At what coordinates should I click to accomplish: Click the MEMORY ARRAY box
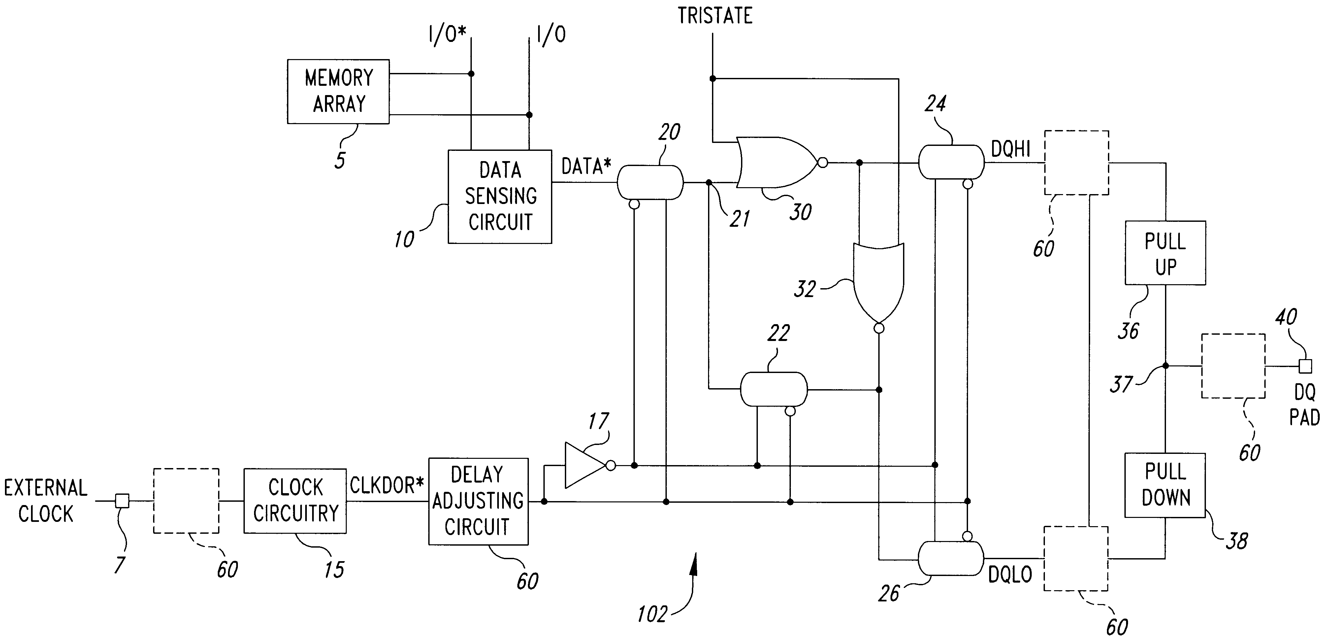click(x=338, y=91)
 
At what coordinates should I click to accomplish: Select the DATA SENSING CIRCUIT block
click(x=500, y=196)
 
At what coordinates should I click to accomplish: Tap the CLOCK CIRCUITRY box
click(x=295, y=500)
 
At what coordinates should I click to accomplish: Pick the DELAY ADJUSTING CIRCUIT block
click(x=478, y=501)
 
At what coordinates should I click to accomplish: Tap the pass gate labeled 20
click(x=650, y=183)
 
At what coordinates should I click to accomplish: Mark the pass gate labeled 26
click(x=951, y=558)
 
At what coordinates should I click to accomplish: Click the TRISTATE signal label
click(x=715, y=16)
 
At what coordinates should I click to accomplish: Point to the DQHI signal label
click(x=1011, y=150)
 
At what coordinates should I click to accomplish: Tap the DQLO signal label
click(x=1010, y=574)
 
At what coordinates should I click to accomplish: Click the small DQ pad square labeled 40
click(x=1305, y=366)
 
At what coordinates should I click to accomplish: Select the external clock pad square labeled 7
click(x=122, y=500)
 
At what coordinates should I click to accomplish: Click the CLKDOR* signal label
click(x=387, y=485)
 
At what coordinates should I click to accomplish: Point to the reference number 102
click(x=652, y=614)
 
